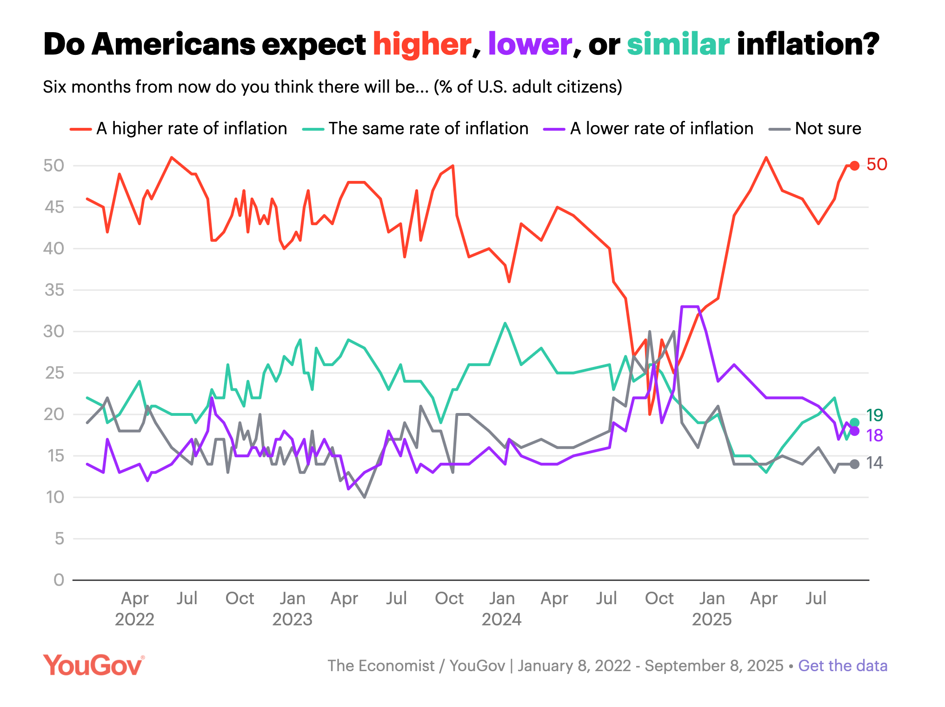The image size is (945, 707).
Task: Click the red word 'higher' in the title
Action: pyautogui.click(x=422, y=45)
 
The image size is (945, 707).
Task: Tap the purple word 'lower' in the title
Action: pyautogui.click(x=530, y=45)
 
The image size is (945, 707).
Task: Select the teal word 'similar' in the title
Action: pyautogui.click(x=678, y=45)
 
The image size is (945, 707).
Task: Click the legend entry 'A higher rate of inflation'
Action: pyautogui.click(x=179, y=128)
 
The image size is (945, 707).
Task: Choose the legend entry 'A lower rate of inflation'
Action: pyautogui.click(x=648, y=128)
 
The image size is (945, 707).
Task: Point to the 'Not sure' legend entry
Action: pyautogui.click(x=815, y=128)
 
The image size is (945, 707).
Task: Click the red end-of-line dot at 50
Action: pyautogui.click(x=854, y=166)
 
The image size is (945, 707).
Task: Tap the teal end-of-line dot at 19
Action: pyautogui.click(x=854, y=423)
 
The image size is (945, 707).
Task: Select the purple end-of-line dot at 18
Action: pyautogui.click(x=854, y=431)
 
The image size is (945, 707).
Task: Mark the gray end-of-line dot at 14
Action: pyautogui.click(x=854, y=464)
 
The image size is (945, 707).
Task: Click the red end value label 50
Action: pyautogui.click(x=877, y=164)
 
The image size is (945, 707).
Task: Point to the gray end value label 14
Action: pyautogui.click(x=874, y=463)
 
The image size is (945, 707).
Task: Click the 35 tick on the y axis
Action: pyautogui.click(x=54, y=290)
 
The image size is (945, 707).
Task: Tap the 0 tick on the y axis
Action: pyautogui.click(x=59, y=580)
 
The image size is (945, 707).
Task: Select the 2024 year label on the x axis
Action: pyautogui.click(x=501, y=620)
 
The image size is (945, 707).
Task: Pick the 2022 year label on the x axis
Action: pyautogui.click(x=134, y=620)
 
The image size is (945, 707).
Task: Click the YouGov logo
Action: pyautogui.click(x=93, y=665)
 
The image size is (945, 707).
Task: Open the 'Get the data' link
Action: pyautogui.click(x=843, y=666)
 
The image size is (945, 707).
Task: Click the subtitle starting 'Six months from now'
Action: pyautogui.click(x=333, y=87)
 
